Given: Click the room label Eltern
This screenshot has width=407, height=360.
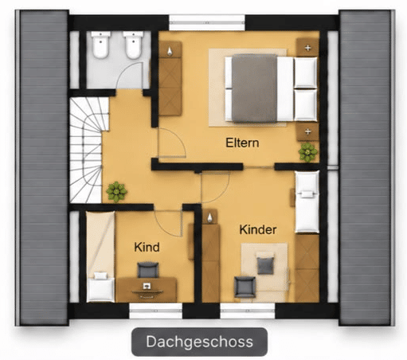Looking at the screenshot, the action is tap(242, 143).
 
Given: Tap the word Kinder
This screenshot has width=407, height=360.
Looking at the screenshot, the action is tap(258, 229).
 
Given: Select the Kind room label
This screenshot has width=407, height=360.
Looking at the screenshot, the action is tap(147, 247).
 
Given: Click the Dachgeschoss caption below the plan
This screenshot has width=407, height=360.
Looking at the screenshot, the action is tap(199, 342).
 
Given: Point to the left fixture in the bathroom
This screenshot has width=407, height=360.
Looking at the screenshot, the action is tap(100, 45).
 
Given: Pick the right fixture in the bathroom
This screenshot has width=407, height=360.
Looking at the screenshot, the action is tap(133, 45).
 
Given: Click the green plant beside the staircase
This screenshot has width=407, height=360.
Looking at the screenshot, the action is tap(116, 192).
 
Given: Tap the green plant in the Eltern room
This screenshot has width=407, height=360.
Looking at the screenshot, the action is tap(307, 152).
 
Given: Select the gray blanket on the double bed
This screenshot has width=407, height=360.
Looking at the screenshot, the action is tap(254, 88).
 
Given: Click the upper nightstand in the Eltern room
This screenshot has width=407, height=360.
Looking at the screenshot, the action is tap(307, 47).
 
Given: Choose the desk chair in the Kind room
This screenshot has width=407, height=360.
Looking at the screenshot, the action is tap(148, 270).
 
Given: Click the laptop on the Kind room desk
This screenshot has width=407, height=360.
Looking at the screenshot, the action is tap(147, 286).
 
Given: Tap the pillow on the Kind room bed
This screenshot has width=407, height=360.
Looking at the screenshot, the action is tap(100, 276).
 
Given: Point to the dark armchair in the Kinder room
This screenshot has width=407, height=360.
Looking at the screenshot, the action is tap(245, 287).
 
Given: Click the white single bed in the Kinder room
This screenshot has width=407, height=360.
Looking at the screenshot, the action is tap(307, 202).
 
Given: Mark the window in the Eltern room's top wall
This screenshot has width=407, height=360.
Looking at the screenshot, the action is tap(207, 22).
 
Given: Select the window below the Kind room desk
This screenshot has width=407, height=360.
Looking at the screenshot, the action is tap(155, 311).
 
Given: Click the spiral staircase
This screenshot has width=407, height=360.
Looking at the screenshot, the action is tap(86, 150).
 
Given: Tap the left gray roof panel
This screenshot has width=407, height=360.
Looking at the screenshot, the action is tap(44, 167).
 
